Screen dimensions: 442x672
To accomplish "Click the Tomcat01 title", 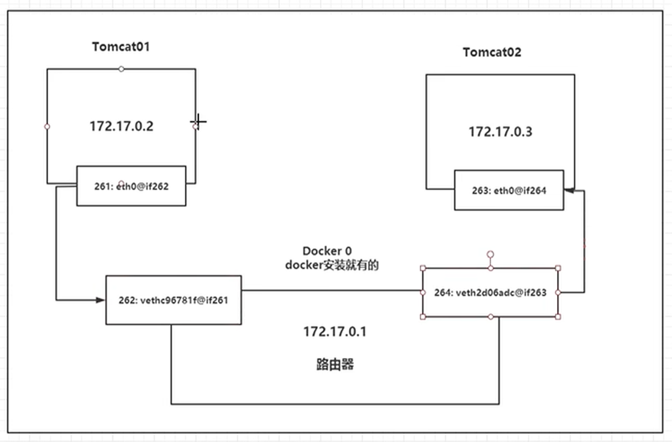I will (121, 46).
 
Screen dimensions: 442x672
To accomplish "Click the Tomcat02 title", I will (492, 53).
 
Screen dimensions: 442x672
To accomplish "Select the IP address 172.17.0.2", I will (122, 126).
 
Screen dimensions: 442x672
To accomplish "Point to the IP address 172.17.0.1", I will (335, 332).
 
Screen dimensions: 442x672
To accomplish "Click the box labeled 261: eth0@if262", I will (131, 186).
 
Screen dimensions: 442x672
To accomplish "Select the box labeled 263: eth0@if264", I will (509, 190).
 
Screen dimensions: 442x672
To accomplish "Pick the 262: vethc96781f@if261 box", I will (173, 300).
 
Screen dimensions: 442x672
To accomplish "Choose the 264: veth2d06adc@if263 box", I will (490, 293).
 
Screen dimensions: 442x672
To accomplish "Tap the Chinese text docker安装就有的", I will (332, 265).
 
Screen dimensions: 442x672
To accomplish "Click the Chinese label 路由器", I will (335, 365).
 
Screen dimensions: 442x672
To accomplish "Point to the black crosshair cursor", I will (198, 121).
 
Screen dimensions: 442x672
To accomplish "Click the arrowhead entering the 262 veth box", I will (100, 300).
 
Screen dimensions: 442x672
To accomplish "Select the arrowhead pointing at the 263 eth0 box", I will (569, 190).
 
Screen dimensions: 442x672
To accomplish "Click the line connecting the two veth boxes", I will (332, 290).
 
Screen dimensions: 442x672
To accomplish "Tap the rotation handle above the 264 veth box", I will (490, 254).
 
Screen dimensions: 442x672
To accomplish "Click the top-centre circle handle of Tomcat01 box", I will (122, 69).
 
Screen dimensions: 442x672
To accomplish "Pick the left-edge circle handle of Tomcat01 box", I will (47, 126).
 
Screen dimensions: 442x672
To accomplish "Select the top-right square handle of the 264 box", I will (558, 268).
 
